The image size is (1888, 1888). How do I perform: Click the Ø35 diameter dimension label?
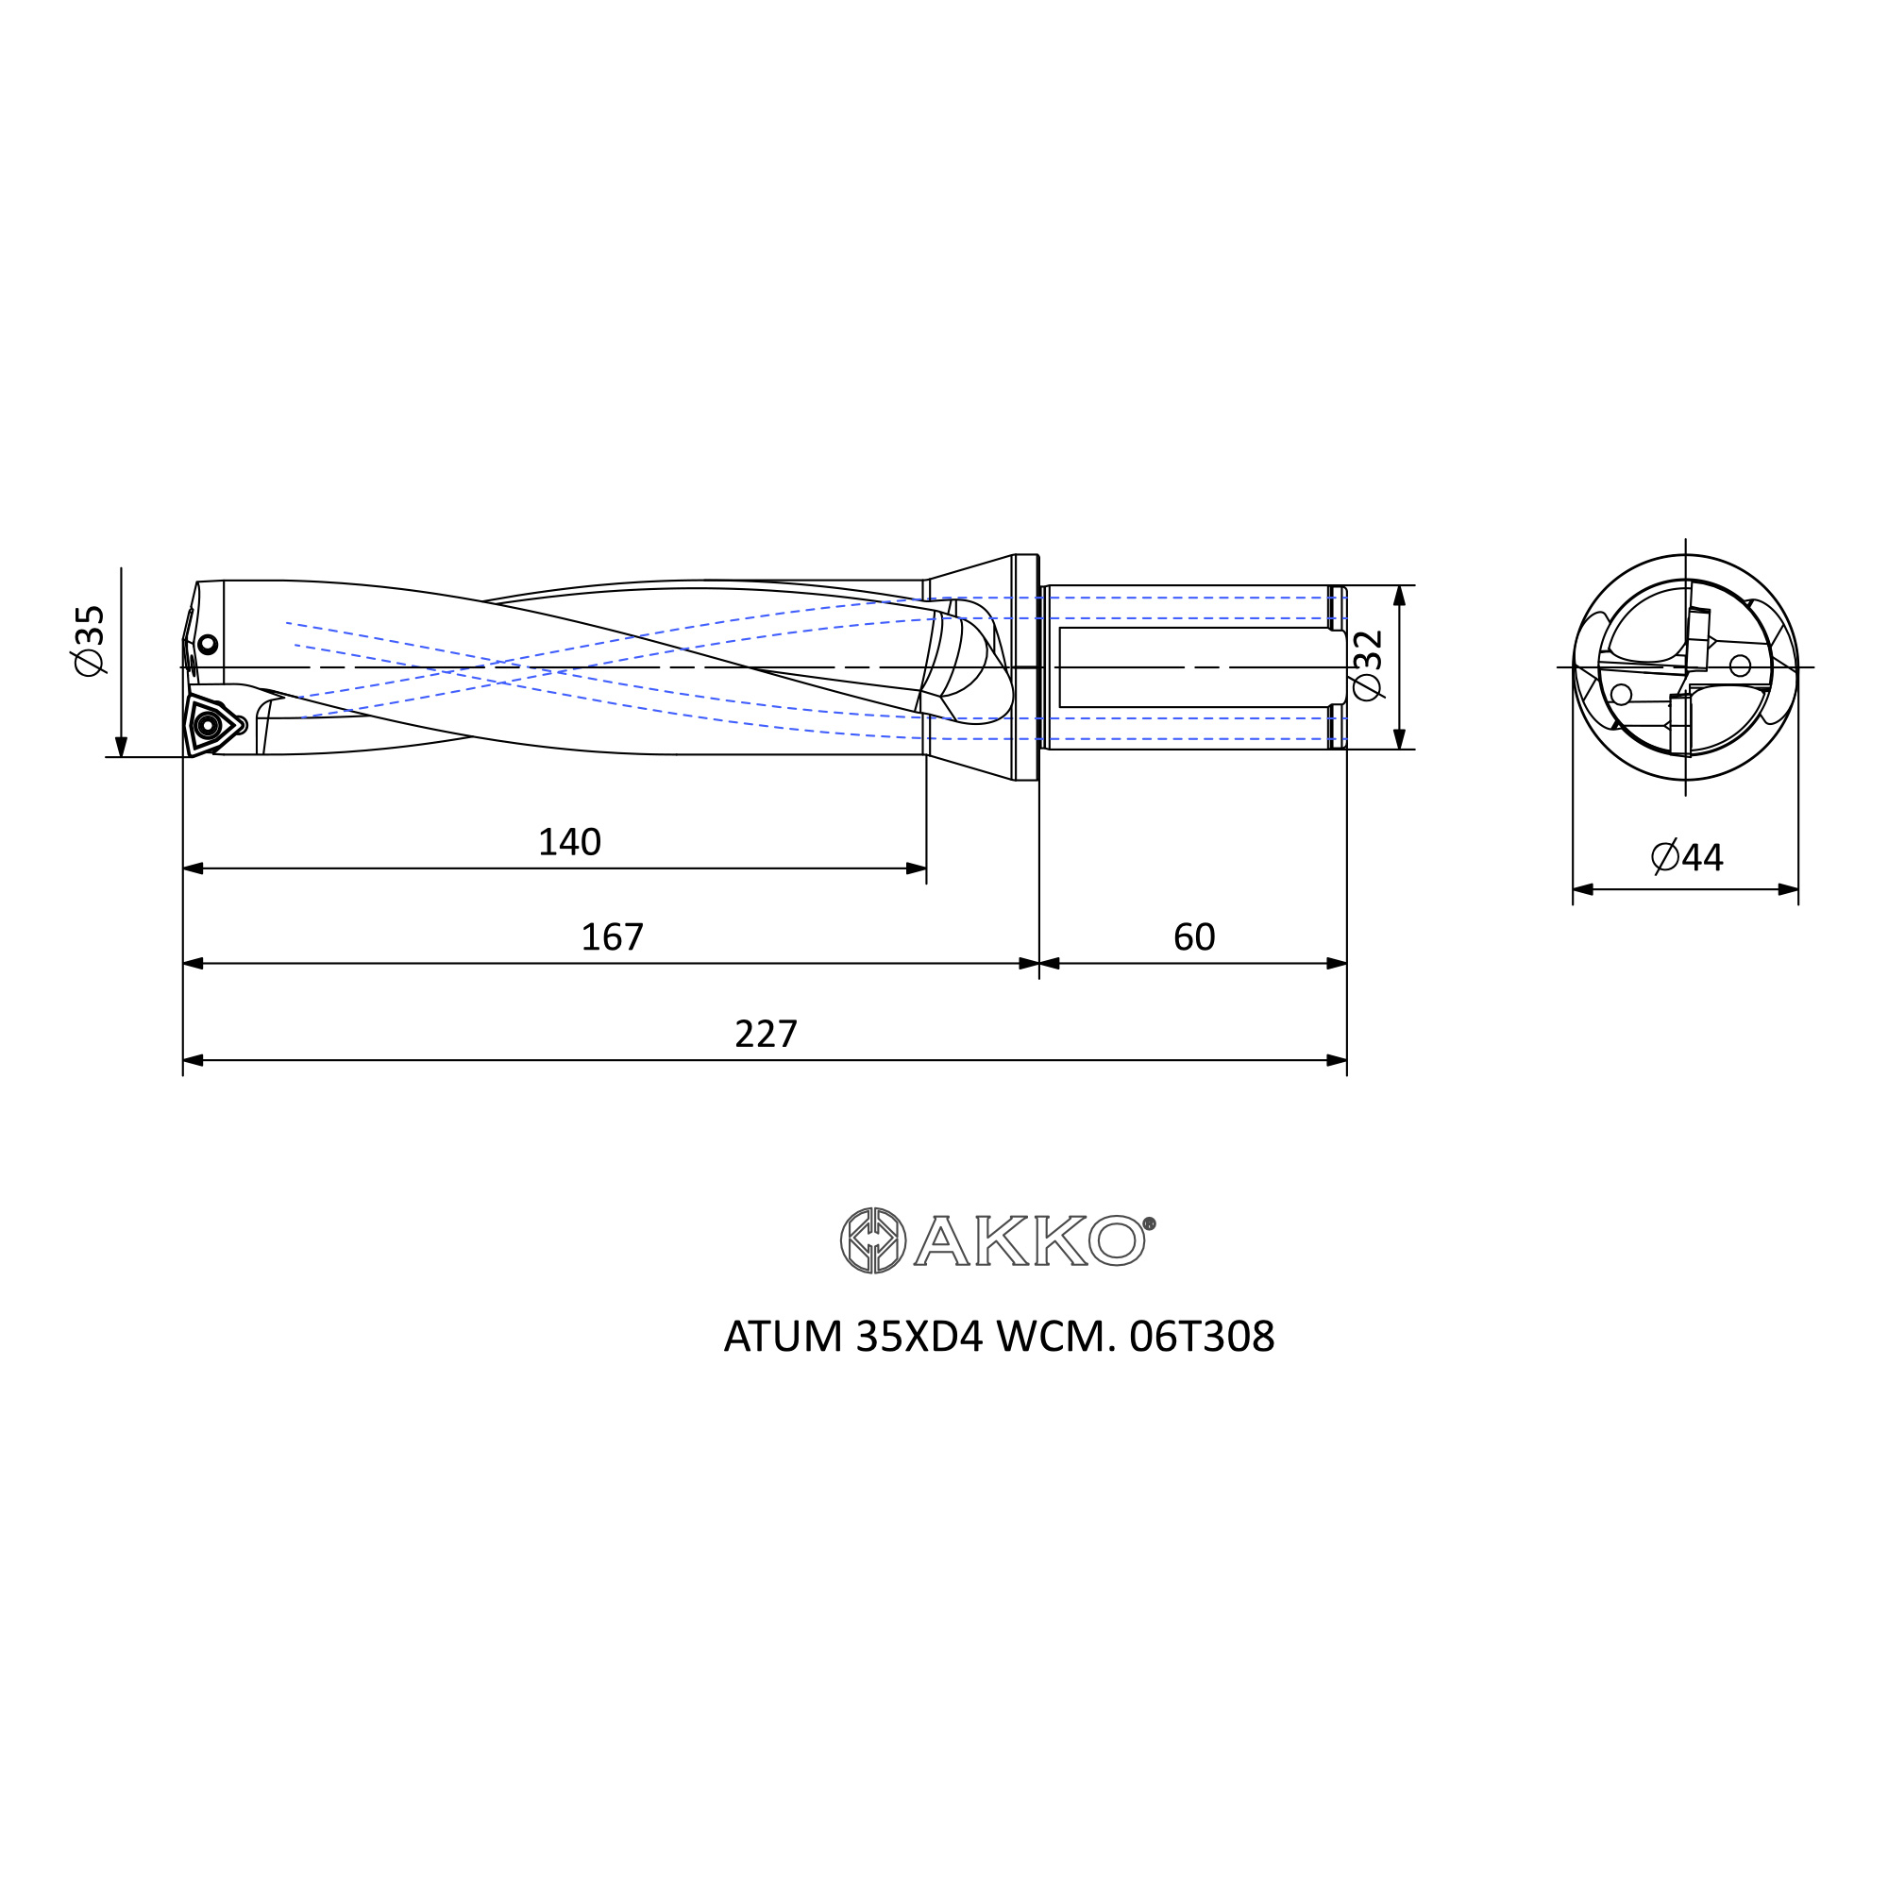[x=90, y=640]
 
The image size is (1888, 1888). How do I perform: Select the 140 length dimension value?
[x=570, y=842]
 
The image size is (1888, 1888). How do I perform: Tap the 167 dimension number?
[x=613, y=937]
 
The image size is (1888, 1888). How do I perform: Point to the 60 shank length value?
[x=1194, y=937]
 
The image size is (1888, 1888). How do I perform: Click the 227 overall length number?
[x=767, y=1034]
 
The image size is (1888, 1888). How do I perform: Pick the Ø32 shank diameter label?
[x=1368, y=665]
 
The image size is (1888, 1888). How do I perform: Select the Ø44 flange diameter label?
[x=1688, y=857]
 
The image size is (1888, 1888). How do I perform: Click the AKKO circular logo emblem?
[x=873, y=1240]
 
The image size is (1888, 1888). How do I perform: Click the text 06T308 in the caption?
[x=1202, y=1337]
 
